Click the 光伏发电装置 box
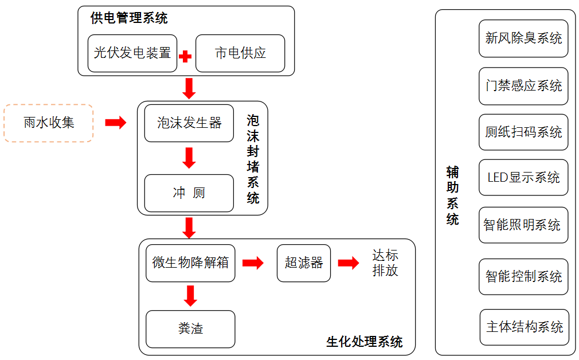click(132, 53)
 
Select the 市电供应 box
click(240, 53)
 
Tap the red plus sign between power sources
click(185, 57)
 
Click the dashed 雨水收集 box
click(49, 123)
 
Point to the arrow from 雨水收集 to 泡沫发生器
click(115, 122)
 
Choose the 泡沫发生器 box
click(189, 123)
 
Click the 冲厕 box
click(189, 193)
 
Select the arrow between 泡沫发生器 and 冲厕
click(189, 158)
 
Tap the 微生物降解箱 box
click(190, 263)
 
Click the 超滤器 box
click(304, 263)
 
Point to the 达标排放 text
click(385, 263)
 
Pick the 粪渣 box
click(190, 329)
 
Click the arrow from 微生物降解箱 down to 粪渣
click(190, 296)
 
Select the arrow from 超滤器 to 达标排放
click(348, 263)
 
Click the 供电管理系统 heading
click(129, 18)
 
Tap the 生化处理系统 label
click(365, 342)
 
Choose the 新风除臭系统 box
click(523, 38)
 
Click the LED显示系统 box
click(523, 178)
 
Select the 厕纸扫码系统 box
click(523, 132)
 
